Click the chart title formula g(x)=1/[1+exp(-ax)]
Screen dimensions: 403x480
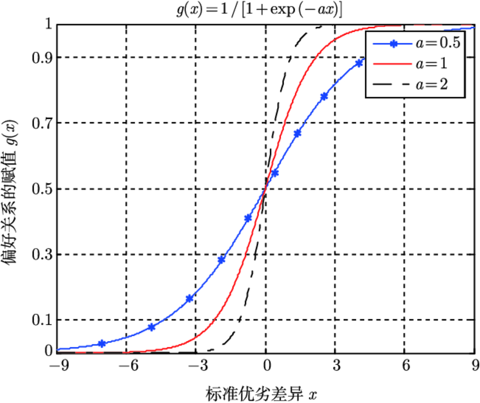tap(259, 10)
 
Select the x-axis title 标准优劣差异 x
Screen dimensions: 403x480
tap(261, 393)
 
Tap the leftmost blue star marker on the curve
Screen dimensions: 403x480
tap(102, 344)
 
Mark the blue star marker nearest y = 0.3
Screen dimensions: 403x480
tap(222, 259)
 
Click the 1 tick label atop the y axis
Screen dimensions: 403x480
tap(47, 24)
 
